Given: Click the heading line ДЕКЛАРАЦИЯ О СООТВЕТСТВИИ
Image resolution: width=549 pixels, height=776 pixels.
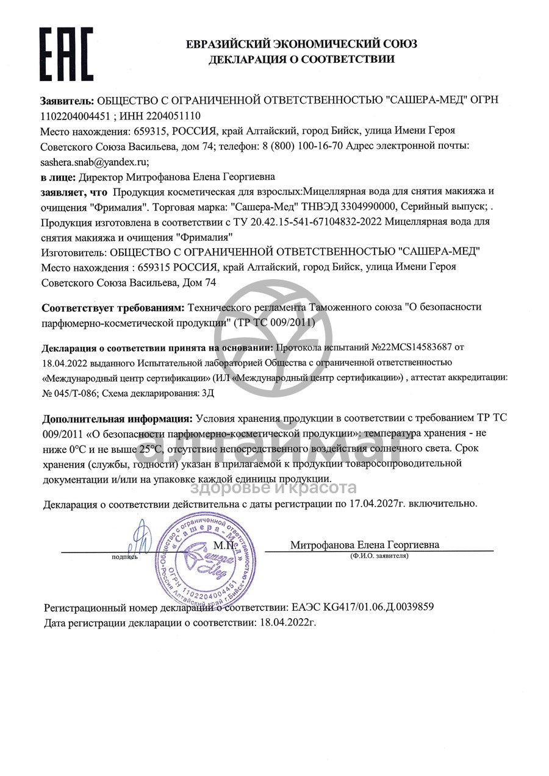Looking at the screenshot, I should tap(301, 59).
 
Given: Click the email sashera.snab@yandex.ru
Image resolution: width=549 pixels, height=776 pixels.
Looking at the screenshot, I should tap(95, 162).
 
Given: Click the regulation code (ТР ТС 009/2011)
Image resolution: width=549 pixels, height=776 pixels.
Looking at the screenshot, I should tap(274, 322).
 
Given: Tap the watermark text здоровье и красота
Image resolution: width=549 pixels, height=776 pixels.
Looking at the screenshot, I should tap(274, 488).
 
